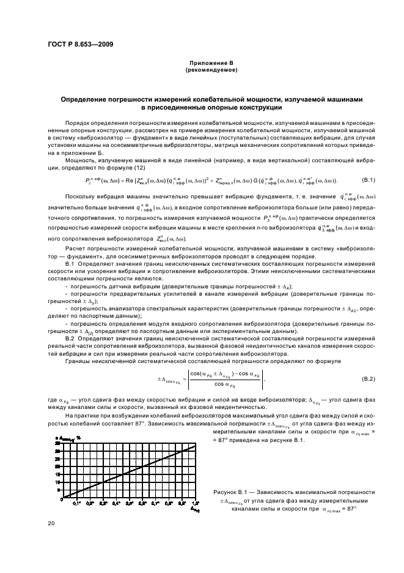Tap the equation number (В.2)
(368, 380)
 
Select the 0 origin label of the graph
(62, 500)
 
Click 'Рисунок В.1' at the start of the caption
(228, 492)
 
